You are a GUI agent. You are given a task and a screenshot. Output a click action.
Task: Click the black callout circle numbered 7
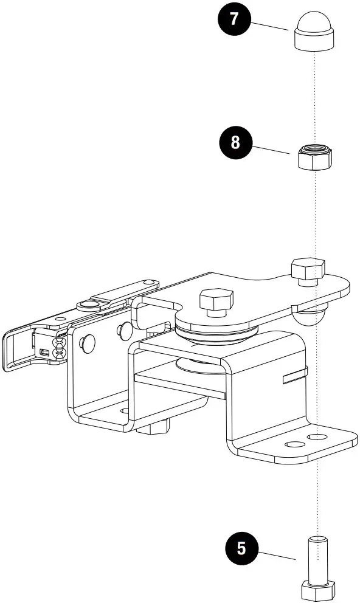(x=234, y=19)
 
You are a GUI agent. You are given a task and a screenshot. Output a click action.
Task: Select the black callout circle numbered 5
(x=241, y=548)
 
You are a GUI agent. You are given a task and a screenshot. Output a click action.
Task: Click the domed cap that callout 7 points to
(x=314, y=31)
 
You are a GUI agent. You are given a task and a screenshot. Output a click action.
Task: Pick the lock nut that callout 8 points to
(x=314, y=156)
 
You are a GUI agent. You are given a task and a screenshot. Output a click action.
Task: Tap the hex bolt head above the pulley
(x=216, y=299)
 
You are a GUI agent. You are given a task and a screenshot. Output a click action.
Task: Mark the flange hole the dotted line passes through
(x=318, y=437)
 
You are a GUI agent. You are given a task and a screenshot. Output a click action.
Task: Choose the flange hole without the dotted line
(x=294, y=444)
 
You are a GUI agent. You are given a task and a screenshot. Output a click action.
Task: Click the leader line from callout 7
(x=269, y=26)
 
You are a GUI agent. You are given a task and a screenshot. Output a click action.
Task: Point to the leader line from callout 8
(x=271, y=149)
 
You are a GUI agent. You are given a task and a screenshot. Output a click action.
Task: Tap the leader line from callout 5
(x=277, y=556)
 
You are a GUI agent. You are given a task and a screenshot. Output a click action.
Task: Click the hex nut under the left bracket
(x=153, y=427)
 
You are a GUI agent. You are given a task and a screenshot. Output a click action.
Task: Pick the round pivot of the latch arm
(x=88, y=306)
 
